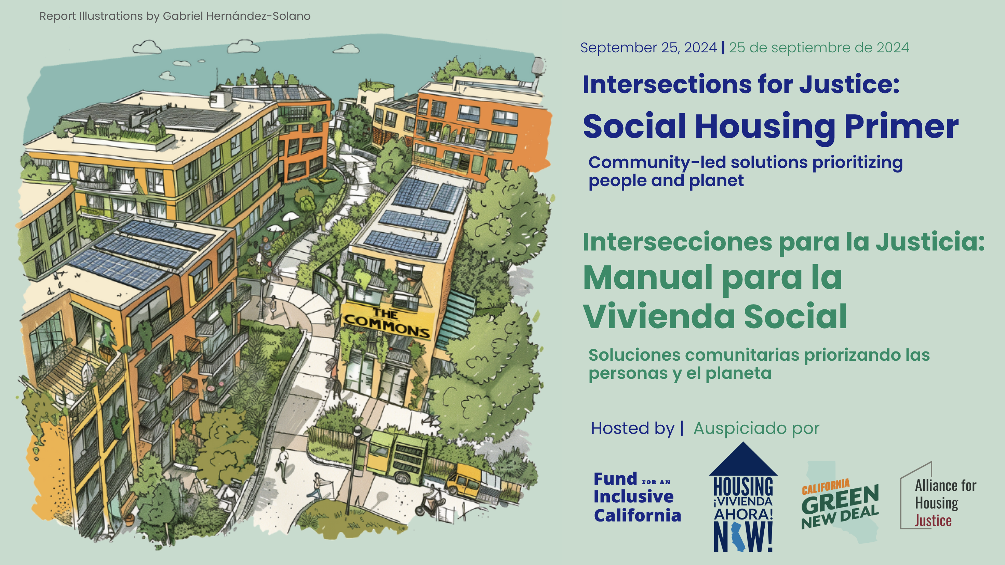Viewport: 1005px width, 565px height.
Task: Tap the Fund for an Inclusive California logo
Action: click(x=637, y=497)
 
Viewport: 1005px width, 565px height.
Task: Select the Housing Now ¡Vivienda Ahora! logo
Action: click(x=743, y=497)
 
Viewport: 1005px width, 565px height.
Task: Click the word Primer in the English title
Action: click(x=901, y=127)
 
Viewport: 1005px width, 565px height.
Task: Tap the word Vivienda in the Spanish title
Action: click(x=659, y=316)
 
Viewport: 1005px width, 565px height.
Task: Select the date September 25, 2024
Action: click(x=648, y=48)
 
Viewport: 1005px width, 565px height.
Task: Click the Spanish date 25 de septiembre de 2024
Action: click(x=819, y=48)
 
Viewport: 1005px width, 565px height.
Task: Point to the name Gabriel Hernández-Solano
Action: click(x=237, y=16)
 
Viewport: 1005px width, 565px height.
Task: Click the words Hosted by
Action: click(x=632, y=428)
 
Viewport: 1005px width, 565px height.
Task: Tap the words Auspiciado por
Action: click(x=756, y=428)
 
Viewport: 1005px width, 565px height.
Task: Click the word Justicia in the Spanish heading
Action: click(x=930, y=242)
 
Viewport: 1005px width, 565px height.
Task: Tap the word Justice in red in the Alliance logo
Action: click(x=933, y=521)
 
